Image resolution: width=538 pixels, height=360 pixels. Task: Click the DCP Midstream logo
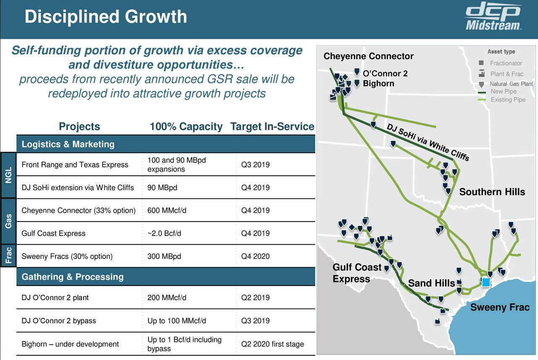(x=493, y=18)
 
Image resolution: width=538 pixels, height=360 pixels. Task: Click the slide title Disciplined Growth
(x=105, y=17)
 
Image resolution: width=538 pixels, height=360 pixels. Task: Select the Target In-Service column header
(x=272, y=127)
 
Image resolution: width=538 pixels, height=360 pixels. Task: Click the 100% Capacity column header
(x=186, y=127)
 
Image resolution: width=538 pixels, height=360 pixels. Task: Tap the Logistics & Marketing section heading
(x=68, y=144)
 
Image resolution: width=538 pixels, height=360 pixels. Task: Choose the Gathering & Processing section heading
(x=72, y=277)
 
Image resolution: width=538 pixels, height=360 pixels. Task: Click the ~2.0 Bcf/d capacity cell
(x=164, y=233)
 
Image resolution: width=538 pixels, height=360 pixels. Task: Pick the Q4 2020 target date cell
(x=255, y=256)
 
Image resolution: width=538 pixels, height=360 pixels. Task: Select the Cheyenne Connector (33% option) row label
(x=79, y=210)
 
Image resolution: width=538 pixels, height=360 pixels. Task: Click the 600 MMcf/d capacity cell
(x=167, y=210)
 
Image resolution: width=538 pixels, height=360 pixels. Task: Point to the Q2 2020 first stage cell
(x=272, y=344)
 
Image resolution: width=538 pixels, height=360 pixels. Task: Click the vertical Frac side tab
(x=8, y=256)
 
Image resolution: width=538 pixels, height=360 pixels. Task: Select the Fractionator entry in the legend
(x=506, y=63)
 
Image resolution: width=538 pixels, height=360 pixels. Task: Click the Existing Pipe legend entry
(x=508, y=100)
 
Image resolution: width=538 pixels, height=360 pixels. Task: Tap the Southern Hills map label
(x=492, y=192)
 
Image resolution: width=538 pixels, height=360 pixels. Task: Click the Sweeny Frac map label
(x=499, y=307)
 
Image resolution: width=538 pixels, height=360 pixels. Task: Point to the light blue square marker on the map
(x=486, y=282)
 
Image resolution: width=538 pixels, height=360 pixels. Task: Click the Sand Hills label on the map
(x=431, y=283)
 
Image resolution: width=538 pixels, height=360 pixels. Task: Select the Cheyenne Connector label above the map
(x=368, y=56)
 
